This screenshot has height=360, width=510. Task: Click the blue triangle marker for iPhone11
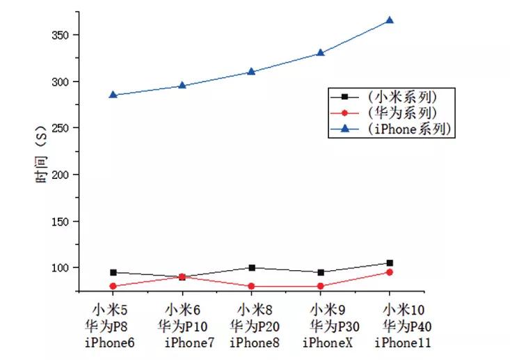(x=390, y=20)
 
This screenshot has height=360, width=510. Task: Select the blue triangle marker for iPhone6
(x=113, y=95)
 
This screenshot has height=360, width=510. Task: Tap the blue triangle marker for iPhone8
(x=251, y=72)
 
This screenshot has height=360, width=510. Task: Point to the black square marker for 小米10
(x=390, y=263)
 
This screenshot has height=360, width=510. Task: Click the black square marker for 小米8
(x=251, y=267)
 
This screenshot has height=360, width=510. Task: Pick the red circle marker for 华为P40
(x=390, y=272)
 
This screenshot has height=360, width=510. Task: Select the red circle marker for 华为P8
(x=113, y=286)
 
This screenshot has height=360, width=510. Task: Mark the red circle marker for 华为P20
(x=251, y=286)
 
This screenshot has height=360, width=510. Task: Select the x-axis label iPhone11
(x=403, y=343)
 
